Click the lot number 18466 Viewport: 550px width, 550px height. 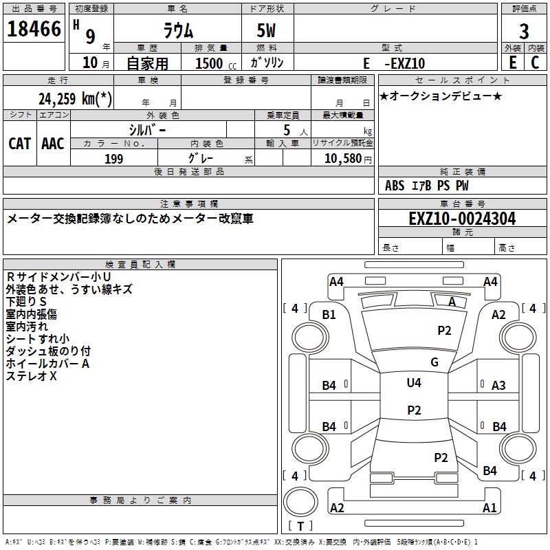pos(34,30)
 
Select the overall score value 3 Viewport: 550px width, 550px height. pos(524,31)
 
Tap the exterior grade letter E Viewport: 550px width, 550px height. pos(512,62)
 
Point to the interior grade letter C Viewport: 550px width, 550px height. pos(535,62)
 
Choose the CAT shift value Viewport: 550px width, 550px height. pos(19,143)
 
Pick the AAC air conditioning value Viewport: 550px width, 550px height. pos(53,143)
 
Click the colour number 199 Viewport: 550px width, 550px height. pos(113,159)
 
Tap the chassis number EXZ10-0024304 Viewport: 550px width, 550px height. pos(462,219)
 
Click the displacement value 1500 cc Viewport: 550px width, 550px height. pos(213,63)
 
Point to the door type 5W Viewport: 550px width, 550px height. pos(267,31)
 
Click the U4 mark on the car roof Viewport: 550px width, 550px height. pos(414,382)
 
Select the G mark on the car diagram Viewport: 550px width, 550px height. pos(434,362)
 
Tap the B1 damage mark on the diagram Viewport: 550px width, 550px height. pos(329,314)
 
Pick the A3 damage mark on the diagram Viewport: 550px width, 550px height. pos(498,386)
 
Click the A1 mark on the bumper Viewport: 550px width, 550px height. pos(489,508)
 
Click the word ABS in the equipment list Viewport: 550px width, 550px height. pos(395,185)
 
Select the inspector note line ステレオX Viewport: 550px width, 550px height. pos(32,376)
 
